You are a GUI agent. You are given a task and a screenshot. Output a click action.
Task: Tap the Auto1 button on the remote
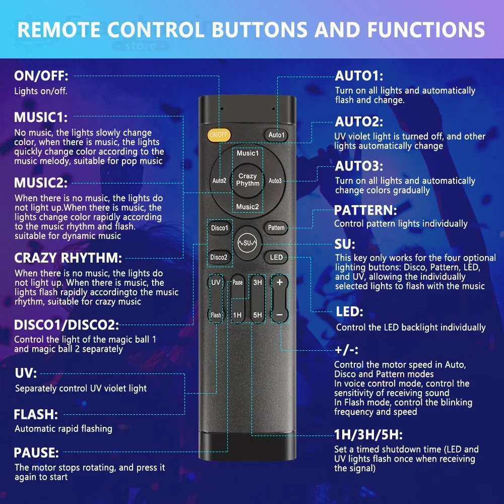[276, 135]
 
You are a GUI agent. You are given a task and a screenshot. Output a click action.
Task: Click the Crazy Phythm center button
[247, 180]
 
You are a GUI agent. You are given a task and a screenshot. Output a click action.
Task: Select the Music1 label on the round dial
[247, 153]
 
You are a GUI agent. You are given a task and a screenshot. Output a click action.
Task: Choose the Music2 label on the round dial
[247, 207]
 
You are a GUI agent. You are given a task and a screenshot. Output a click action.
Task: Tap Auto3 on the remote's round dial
[275, 181]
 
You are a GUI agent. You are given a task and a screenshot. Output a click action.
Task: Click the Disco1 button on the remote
[220, 228]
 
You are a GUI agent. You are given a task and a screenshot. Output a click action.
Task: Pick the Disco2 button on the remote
[219, 257]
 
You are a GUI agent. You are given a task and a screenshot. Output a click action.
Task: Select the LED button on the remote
[276, 257]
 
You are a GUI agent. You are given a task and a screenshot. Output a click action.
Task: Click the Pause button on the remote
[237, 283]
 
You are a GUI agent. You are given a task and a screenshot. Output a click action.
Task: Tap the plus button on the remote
[280, 282]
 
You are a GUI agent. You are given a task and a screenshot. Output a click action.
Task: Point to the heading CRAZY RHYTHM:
[68, 258]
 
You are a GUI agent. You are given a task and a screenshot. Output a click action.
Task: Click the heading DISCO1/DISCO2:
[67, 325]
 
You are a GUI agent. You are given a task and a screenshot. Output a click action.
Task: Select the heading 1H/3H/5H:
[368, 435]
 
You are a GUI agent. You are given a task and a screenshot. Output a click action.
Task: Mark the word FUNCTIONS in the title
[426, 30]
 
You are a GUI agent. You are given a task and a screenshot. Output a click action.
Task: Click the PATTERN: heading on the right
[365, 211]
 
